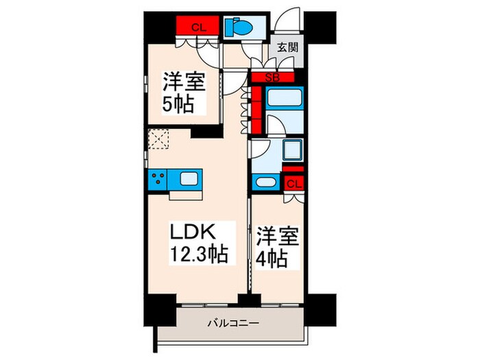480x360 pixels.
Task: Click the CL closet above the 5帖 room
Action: coord(197,27)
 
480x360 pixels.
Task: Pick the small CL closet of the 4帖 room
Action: coord(293,183)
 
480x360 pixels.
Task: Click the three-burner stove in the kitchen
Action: coord(158,180)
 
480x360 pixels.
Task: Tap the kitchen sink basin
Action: coord(188,180)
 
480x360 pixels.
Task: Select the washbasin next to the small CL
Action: coord(264,182)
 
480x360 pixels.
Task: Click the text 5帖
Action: coord(177,105)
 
